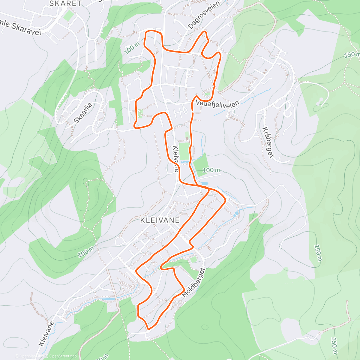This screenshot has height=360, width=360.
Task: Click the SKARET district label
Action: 65,4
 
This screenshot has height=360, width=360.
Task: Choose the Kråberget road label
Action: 268,142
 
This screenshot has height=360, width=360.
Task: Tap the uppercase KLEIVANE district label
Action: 160,220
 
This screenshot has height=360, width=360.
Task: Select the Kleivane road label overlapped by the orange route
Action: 176,158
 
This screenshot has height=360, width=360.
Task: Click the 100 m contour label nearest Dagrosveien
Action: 132,48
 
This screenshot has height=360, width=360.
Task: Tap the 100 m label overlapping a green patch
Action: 211,170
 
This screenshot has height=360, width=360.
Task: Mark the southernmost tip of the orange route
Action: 148,329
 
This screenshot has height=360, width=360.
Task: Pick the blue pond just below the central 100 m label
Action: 204,183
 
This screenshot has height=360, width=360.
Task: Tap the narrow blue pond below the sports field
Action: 184,162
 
